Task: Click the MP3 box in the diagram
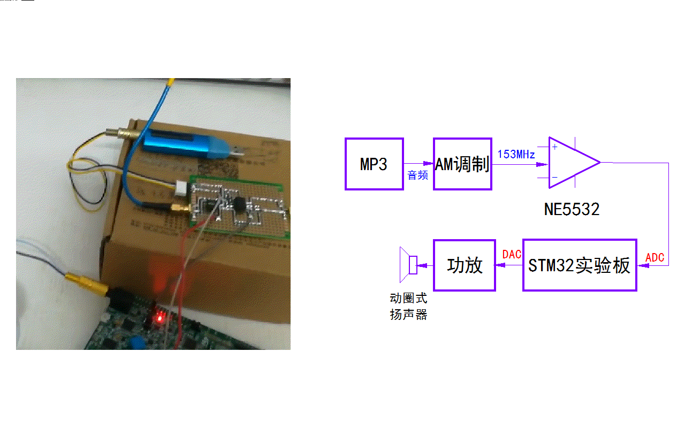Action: pyautogui.click(x=374, y=164)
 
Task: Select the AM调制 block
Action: pyautogui.click(x=462, y=164)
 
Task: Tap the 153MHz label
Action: pyautogui.click(x=516, y=155)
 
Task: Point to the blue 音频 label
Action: pyautogui.click(x=418, y=175)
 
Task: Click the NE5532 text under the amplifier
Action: pyautogui.click(x=572, y=209)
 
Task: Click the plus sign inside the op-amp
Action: pyautogui.click(x=554, y=147)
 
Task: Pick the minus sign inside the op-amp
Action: pyautogui.click(x=554, y=177)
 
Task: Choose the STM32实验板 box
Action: pyautogui.click(x=580, y=265)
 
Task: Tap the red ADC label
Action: pyautogui.click(x=655, y=258)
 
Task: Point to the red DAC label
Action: pyautogui.click(x=512, y=255)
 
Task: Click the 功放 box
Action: pyautogui.click(x=465, y=265)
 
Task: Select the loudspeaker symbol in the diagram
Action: pyautogui.click(x=408, y=265)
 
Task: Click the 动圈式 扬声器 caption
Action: pyautogui.click(x=408, y=307)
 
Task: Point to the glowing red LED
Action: pyautogui.click(x=158, y=319)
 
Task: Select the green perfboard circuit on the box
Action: pyautogui.click(x=238, y=207)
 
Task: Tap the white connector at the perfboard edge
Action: pyautogui.click(x=182, y=188)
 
